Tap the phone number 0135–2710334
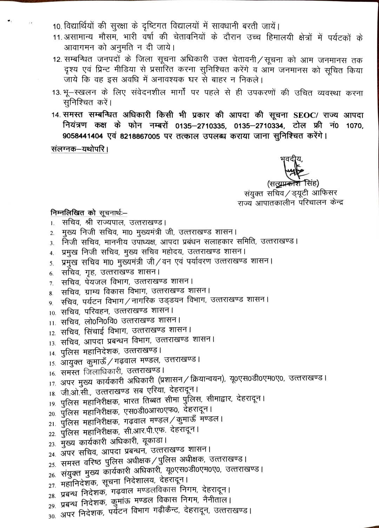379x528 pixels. click(x=259, y=125)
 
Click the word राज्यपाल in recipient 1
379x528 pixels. click(x=110, y=222)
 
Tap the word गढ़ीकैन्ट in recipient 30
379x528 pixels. click(x=166, y=510)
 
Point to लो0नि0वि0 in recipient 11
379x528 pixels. click(x=101, y=321)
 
